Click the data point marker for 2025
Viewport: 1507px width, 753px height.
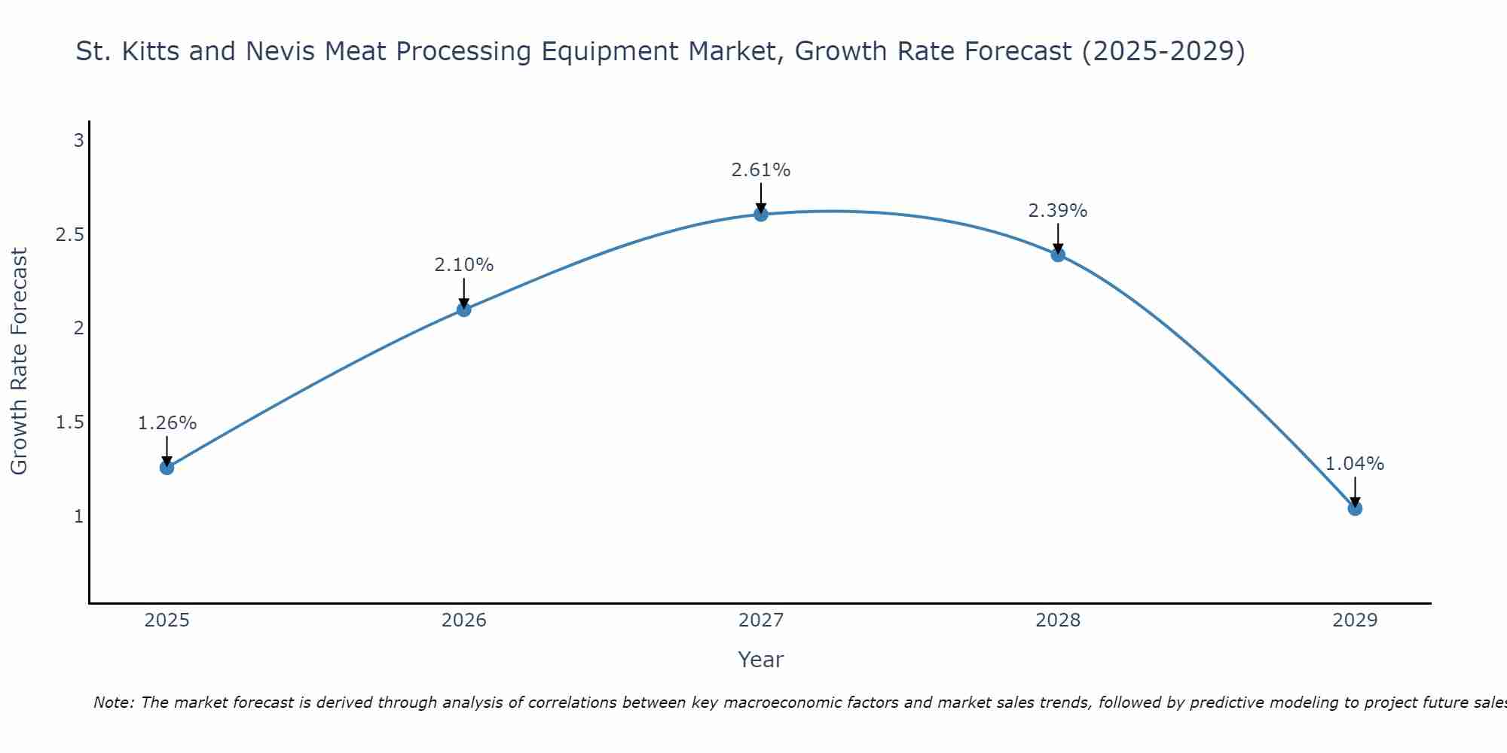coord(167,468)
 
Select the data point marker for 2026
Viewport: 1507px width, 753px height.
coord(463,309)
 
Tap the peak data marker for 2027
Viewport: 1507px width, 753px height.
coord(761,214)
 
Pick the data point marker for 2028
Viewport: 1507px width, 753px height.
coord(1058,255)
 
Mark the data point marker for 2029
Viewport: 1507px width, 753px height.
coord(1355,508)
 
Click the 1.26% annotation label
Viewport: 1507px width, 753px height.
coord(167,423)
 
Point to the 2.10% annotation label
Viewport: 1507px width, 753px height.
coord(463,265)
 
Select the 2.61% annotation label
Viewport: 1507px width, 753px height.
coord(761,170)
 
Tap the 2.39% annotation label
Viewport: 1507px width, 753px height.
coord(1058,211)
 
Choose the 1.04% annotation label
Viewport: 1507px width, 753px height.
coord(1355,464)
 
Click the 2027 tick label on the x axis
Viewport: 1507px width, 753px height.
coord(761,620)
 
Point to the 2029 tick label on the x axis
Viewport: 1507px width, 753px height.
coord(1355,620)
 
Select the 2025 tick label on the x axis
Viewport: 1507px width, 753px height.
coord(167,620)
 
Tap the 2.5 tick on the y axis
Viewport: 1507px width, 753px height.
coord(69,235)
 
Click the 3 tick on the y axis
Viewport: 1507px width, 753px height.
coord(78,141)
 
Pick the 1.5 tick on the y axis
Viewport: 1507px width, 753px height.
coord(69,422)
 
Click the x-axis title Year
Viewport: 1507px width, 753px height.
coord(761,660)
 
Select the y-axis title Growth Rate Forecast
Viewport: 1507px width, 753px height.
coord(19,361)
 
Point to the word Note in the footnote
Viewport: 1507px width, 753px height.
coord(113,703)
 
